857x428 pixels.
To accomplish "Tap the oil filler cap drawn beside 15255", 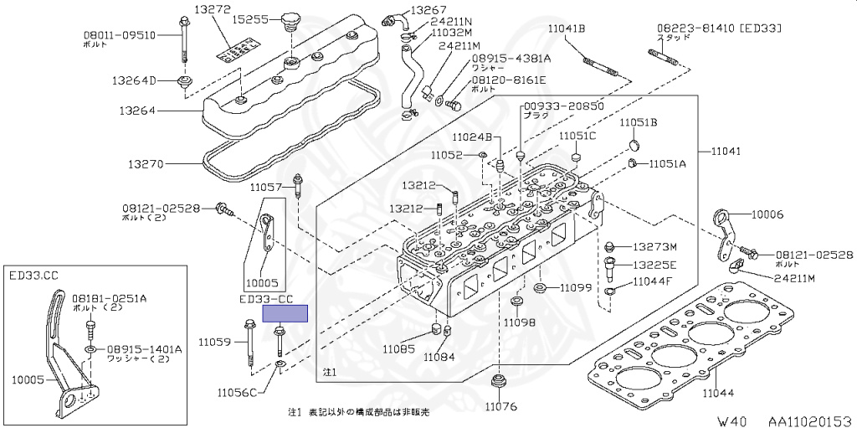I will (x=290, y=20).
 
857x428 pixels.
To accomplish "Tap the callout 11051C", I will (x=577, y=136).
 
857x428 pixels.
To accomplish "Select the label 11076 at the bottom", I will (x=500, y=407).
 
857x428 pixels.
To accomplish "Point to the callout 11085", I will (x=400, y=348).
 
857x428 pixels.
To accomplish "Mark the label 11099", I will (x=577, y=287).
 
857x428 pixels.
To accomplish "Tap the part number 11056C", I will (x=239, y=391).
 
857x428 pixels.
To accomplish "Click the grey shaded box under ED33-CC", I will (x=285, y=314).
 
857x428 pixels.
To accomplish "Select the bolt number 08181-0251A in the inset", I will (x=109, y=297).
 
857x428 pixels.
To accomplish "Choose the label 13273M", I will (x=654, y=247).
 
